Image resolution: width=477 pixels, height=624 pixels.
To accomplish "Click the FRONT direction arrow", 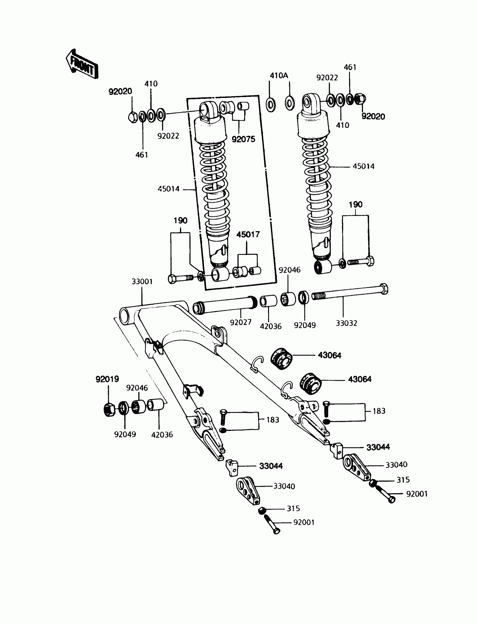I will tap(82, 64).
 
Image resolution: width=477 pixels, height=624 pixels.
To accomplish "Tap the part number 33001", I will tap(142, 282).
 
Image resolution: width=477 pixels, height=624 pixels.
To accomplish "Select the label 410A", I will tap(279, 76).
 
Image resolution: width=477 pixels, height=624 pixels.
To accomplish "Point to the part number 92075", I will tap(243, 139).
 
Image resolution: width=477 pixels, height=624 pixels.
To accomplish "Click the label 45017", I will tap(248, 235).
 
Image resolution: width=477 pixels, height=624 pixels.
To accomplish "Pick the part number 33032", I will tap(347, 323).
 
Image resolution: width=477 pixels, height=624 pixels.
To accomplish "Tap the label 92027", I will tap(240, 322).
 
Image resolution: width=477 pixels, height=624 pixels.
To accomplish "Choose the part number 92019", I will tap(107, 379).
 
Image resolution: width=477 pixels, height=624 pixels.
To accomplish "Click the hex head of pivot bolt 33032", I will tap(383, 289).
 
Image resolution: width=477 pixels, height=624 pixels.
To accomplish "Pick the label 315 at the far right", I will tap(403, 480).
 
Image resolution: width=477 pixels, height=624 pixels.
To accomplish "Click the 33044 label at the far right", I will tap(378, 447).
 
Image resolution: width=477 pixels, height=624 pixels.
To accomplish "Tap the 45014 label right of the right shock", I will tap(363, 166).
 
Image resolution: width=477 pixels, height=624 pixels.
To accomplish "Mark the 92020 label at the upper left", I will tap(120, 92).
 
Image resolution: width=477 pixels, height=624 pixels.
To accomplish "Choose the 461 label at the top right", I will tap(350, 67).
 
